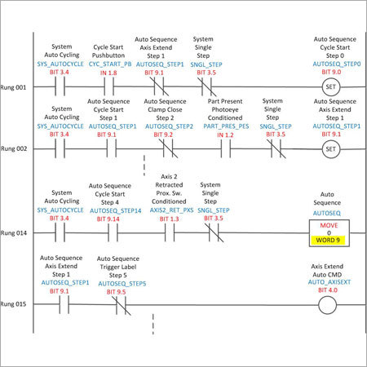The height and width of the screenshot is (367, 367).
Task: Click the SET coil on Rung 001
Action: (x=330, y=87)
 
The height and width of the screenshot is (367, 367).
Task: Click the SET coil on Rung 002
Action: (x=330, y=149)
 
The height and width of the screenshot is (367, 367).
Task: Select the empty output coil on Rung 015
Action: (x=327, y=305)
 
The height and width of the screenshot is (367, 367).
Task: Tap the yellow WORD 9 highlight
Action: (x=328, y=240)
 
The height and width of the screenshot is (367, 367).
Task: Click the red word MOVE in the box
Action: (x=329, y=225)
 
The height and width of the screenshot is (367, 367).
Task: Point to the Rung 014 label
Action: (x=14, y=233)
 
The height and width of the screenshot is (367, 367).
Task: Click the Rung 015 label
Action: (x=13, y=304)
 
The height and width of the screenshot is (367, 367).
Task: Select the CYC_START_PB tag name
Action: (x=110, y=64)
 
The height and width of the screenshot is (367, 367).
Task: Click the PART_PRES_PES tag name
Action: (x=226, y=126)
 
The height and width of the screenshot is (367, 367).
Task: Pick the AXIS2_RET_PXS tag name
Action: (x=172, y=210)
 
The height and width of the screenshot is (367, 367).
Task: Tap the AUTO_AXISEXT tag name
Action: (x=329, y=282)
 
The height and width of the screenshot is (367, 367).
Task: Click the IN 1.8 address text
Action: (x=108, y=73)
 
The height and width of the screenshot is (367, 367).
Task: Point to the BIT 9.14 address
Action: (x=108, y=219)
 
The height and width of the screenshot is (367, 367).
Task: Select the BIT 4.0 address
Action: (x=328, y=290)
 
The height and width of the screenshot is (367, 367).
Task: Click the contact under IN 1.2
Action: (x=226, y=149)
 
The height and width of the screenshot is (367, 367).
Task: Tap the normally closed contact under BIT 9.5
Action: (x=121, y=305)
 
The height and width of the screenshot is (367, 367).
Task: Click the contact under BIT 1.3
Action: (x=170, y=233)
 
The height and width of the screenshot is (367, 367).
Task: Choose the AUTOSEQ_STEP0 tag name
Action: (x=337, y=64)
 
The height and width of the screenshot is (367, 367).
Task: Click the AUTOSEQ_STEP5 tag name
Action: (x=122, y=284)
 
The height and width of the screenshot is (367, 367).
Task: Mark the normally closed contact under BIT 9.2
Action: (x=168, y=149)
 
